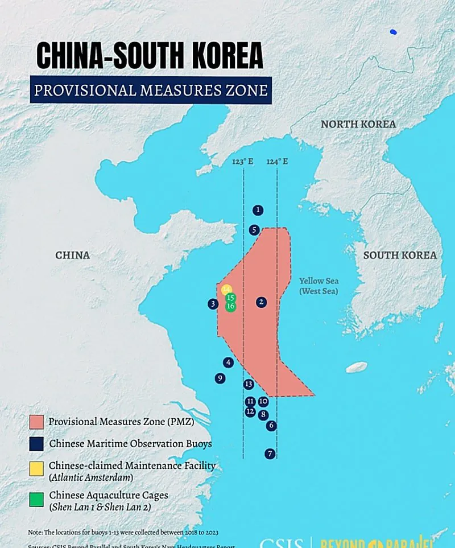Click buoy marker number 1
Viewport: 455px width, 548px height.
(x=258, y=211)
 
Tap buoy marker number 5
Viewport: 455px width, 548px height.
(x=254, y=230)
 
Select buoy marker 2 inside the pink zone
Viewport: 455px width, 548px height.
(x=261, y=302)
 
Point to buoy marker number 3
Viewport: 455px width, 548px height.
(x=213, y=304)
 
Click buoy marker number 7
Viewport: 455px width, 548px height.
(x=270, y=454)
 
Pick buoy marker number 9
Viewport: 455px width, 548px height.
(x=220, y=378)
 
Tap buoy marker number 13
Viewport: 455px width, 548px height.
(x=249, y=384)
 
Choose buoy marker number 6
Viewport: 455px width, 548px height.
(x=271, y=425)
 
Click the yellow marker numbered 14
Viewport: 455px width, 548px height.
(x=226, y=289)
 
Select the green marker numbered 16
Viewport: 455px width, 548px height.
(x=230, y=306)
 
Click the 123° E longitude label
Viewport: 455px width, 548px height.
(x=242, y=162)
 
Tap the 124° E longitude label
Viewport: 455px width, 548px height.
(x=277, y=162)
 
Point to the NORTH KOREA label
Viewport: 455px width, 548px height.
(x=358, y=124)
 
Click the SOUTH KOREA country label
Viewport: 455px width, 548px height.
(x=400, y=256)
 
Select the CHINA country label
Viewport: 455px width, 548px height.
(x=72, y=256)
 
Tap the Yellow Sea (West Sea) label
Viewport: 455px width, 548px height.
(x=319, y=286)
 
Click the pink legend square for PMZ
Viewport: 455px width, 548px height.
(x=36, y=422)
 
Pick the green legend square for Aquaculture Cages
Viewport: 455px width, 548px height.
(x=36, y=500)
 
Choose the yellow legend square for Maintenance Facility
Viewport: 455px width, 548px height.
(x=36, y=468)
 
